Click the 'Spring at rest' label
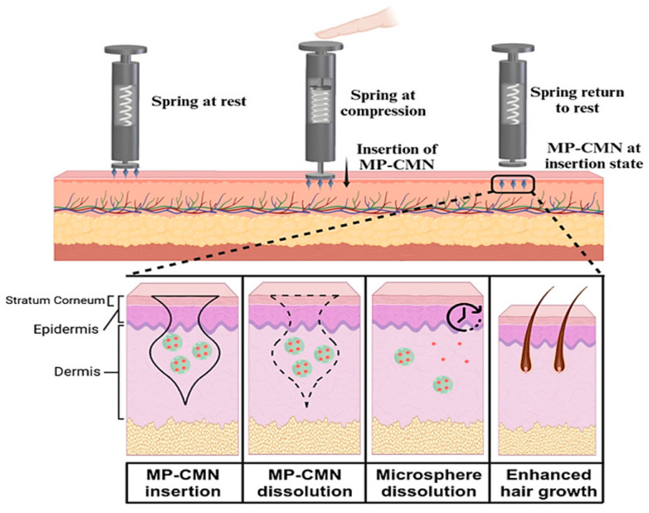click(198, 102)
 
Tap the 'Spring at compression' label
click(383, 103)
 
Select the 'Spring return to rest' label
click(578, 100)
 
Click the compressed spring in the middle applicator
click(321, 105)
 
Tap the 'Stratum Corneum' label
click(55, 300)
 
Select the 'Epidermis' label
click(66, 330)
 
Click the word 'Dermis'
click(77, 371)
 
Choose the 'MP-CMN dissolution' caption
click(305, 483)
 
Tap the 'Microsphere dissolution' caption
click(428, 483)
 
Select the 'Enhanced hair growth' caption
click(549, 483)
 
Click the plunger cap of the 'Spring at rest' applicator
click(125, 50)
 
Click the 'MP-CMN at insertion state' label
click(593, 156)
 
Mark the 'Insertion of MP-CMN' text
click(397, 157)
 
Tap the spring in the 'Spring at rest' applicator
click(126, 105)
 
